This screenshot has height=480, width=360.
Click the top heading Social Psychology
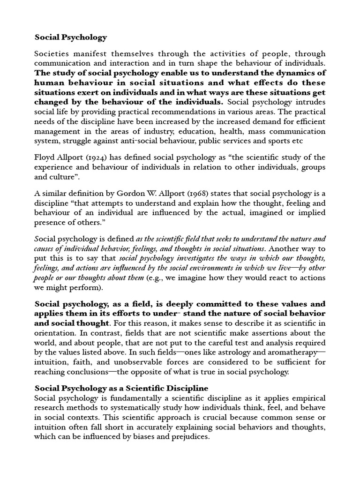pyautogui.click(x=70, y=37)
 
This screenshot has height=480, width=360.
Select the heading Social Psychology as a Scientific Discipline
pyautogui.click(x=121, y=389)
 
